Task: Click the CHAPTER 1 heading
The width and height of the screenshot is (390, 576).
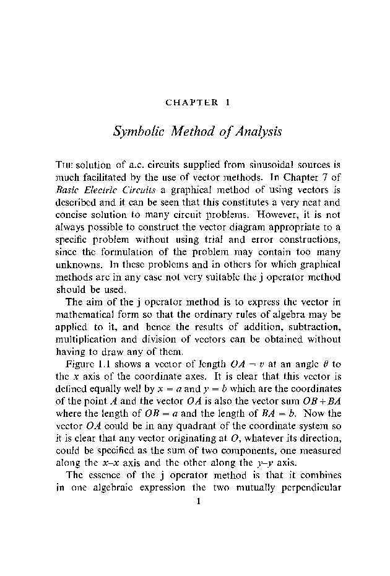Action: pyautogui.click(x=197, y=102)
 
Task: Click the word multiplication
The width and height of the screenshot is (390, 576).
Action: pyautogui.click(x=84, y=339)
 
